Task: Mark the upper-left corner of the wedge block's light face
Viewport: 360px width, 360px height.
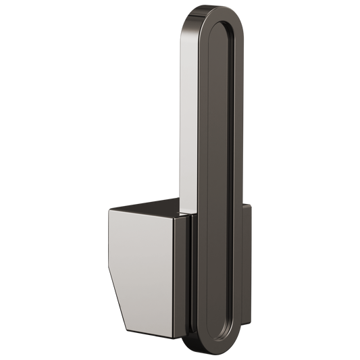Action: click(x=107, y=211)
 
